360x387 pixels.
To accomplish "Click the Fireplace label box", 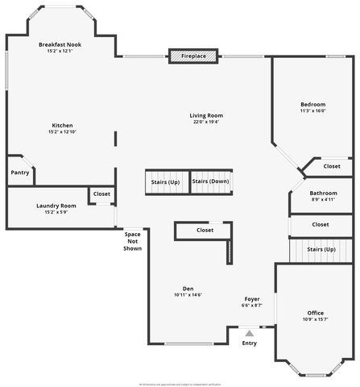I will click(193, 56).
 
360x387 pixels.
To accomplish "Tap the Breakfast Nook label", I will click(60, 45).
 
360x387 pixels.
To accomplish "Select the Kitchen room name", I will click(63, 125).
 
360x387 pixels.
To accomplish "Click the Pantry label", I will click(20, 173).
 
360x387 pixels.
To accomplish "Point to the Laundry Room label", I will click(56, 206).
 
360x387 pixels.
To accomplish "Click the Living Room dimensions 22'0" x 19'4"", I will click(206, 122).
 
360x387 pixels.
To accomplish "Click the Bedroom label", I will click(313, 104).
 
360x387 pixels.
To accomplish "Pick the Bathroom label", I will click(323, 193).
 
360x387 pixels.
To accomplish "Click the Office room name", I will click(316, 312).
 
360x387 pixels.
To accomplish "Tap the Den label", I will click(188, 288).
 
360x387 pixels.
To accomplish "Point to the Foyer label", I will click(252, 298).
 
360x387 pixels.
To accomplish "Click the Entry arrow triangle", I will click(250, 332).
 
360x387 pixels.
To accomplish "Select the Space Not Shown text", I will click(133, 241).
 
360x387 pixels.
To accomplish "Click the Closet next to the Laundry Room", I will click(101, 193).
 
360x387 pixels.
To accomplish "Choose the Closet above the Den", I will click(205, 231).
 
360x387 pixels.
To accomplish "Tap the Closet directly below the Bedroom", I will click(332, 166).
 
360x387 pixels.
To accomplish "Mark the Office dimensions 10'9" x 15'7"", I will click(316, 319).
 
